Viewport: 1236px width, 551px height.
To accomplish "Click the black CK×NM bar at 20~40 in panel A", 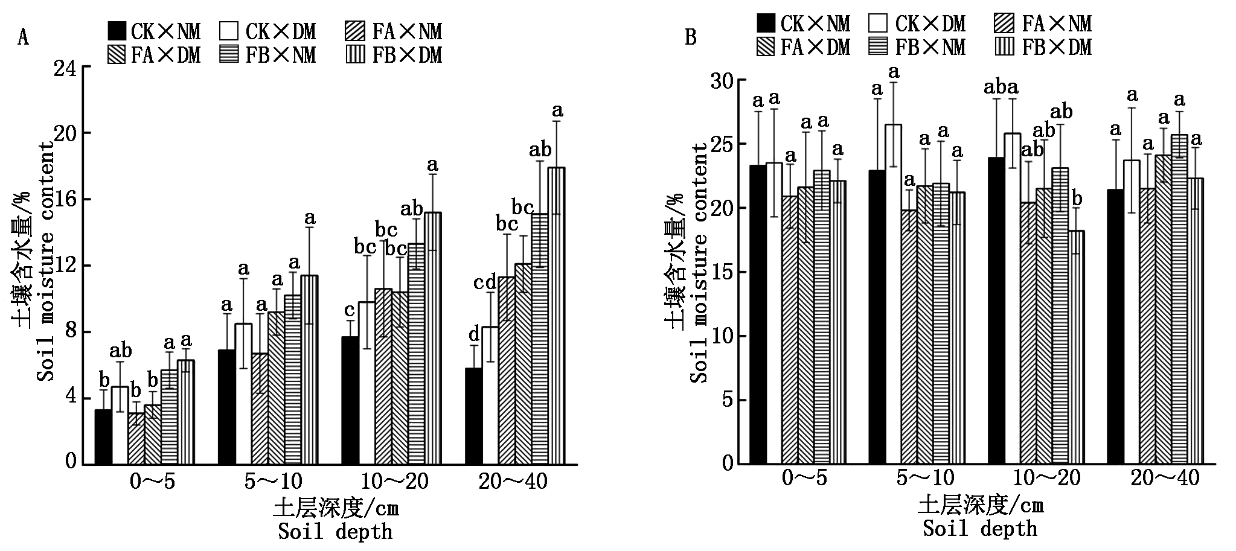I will pos(473,416).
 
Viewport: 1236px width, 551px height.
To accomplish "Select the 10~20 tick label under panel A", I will pos(395,482).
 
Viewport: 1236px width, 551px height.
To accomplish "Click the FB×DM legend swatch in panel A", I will pos(356,55).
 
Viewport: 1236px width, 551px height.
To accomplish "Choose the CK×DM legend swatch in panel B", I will pos(879,23).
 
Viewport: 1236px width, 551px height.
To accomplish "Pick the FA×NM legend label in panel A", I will pos(408,31).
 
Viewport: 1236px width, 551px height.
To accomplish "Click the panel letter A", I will pos(23,38).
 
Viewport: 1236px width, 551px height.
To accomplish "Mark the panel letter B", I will pos(691,37).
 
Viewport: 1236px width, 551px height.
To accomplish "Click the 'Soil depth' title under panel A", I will pos(335,532).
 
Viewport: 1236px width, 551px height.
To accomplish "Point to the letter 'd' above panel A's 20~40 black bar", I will pos(474,333).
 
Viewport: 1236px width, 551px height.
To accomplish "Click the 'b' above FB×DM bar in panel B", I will pos(1075,199).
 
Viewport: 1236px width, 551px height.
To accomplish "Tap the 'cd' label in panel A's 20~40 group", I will pos(485,281).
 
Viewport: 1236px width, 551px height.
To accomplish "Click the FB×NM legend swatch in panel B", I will pos(879,47).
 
